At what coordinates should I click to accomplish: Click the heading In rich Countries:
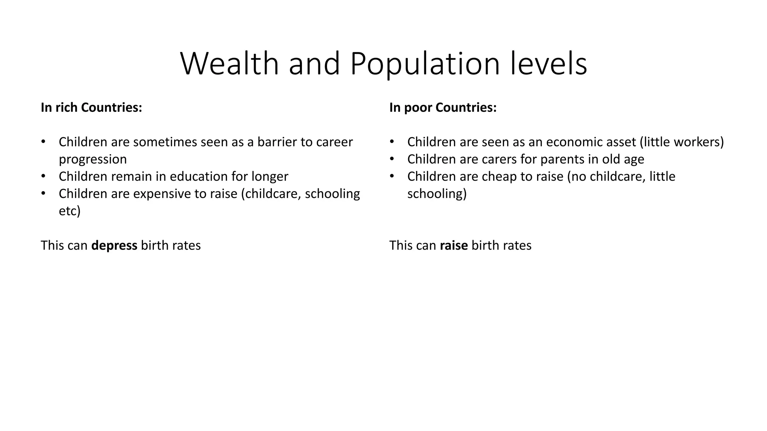point(91,108)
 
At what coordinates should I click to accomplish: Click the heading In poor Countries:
point(443,108)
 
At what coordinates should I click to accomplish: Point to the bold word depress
point(114,245)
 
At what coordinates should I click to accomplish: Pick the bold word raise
point(454,245)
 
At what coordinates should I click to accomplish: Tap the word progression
point(93,159)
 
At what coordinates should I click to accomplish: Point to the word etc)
point(70,211)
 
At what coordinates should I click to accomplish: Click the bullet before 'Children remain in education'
point(43,176)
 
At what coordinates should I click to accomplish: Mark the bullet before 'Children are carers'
point(392,159)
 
